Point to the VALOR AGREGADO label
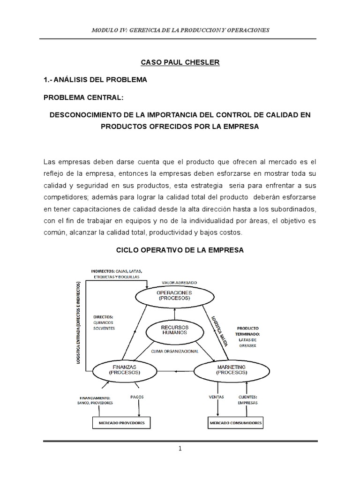coord(179,283)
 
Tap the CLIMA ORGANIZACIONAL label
coord(174,351)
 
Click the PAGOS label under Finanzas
coord(137,397)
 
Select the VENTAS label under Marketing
coord(216,397)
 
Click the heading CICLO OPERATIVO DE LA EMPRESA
coord(180,250)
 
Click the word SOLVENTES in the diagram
coord(104,328)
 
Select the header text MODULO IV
coord(107,30)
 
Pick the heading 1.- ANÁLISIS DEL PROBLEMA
coord(95,80)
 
